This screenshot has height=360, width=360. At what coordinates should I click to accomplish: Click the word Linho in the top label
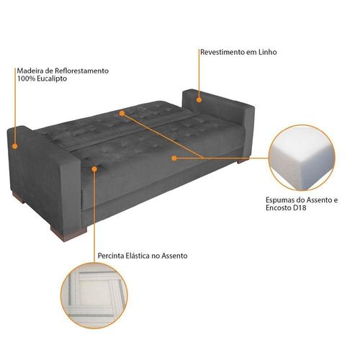tap(268, 52)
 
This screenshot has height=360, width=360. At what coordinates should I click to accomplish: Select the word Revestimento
tap(222, 52)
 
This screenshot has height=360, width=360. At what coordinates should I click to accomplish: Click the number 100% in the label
tap(24, 78)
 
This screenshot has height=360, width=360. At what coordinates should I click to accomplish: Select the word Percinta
tap(111, 256)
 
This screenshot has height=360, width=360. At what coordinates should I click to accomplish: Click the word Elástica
tap(138, 256)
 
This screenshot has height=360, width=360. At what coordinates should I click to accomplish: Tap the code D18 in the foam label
tap(300, 207)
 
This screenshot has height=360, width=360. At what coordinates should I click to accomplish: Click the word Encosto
tap(279, 207)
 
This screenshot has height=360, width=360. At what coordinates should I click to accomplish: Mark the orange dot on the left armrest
tap(15, 146)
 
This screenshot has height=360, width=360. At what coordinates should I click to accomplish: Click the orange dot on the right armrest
tap(199, 100)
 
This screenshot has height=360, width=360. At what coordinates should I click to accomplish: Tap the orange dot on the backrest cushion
tap(122, 113)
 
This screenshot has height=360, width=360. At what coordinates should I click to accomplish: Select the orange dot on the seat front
tap(174, 158)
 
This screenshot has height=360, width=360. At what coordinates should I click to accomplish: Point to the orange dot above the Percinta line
tap(94, 169)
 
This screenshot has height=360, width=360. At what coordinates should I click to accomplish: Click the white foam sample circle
tap(302, 158)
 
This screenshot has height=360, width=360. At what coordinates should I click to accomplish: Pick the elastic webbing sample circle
tap(94, 295)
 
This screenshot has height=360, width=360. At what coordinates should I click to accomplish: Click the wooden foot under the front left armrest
tap(68, 233)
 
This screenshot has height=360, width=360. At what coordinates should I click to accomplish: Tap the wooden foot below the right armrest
tap(243, 161)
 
